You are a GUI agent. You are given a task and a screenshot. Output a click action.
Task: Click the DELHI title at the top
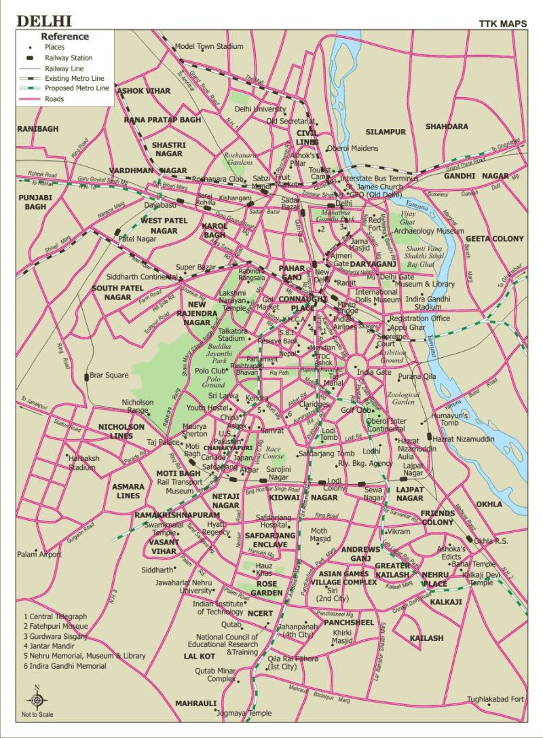pos(44,21)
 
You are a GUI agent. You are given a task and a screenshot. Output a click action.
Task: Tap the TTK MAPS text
pos(503,24)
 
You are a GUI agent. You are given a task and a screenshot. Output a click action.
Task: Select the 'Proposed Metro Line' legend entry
pos(77,88)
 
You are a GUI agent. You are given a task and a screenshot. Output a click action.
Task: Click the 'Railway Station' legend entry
pos(69,58)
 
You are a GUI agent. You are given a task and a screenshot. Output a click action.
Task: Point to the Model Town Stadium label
pos(208,46)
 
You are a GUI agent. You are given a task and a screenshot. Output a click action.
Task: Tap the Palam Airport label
pos(39,555)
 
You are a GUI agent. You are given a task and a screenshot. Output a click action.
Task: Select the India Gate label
pos(374,372)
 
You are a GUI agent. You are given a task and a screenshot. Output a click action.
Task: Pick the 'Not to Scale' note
pos(37,714)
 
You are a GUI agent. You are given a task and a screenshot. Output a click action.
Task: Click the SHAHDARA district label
pos(447,126)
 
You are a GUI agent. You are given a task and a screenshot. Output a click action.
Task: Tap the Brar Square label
pos(109,375)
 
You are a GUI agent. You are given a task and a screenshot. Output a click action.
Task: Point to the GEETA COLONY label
pos(495,238)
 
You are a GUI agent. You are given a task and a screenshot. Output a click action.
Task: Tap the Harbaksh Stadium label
pos(83,462)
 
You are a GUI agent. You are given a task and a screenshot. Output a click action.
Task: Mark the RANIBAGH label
pos(38,128)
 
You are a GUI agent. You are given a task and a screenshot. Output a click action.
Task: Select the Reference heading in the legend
pos(64,37)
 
